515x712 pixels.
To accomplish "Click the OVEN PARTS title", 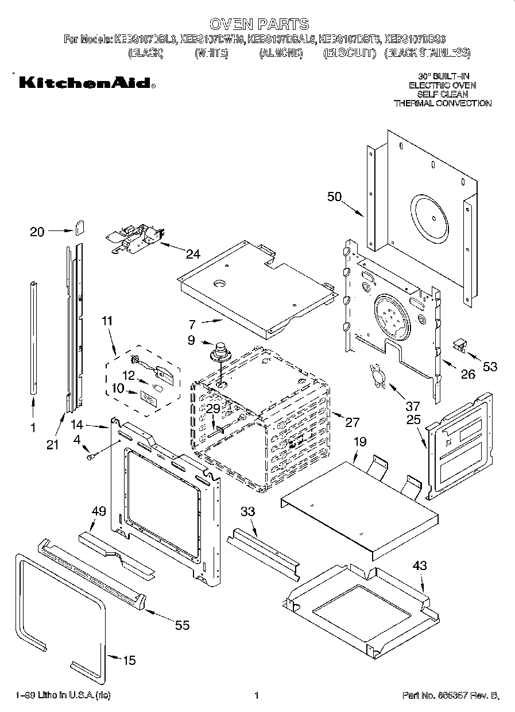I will point(258,24).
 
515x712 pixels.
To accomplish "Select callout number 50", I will point(334,197).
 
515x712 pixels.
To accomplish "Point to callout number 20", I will point(37,232).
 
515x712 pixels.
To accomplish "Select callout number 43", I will point(420,566).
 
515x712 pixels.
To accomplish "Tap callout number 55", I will point(182,625).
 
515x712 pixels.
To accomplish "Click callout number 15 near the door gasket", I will point(130,660).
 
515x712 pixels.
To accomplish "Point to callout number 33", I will point(248,511).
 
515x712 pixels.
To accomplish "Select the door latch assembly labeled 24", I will point(135,237).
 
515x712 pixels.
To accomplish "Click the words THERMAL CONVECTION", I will point(442,103).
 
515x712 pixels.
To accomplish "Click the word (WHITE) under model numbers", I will point(212,53).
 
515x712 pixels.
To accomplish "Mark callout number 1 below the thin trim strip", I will point(32,428).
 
